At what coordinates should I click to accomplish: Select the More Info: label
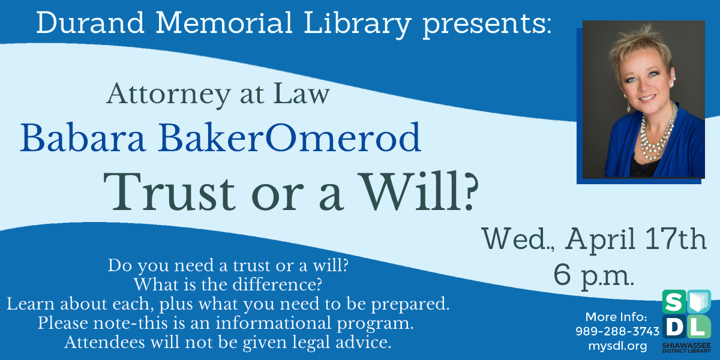point(616,317)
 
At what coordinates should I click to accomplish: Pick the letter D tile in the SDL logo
point(674,327)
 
